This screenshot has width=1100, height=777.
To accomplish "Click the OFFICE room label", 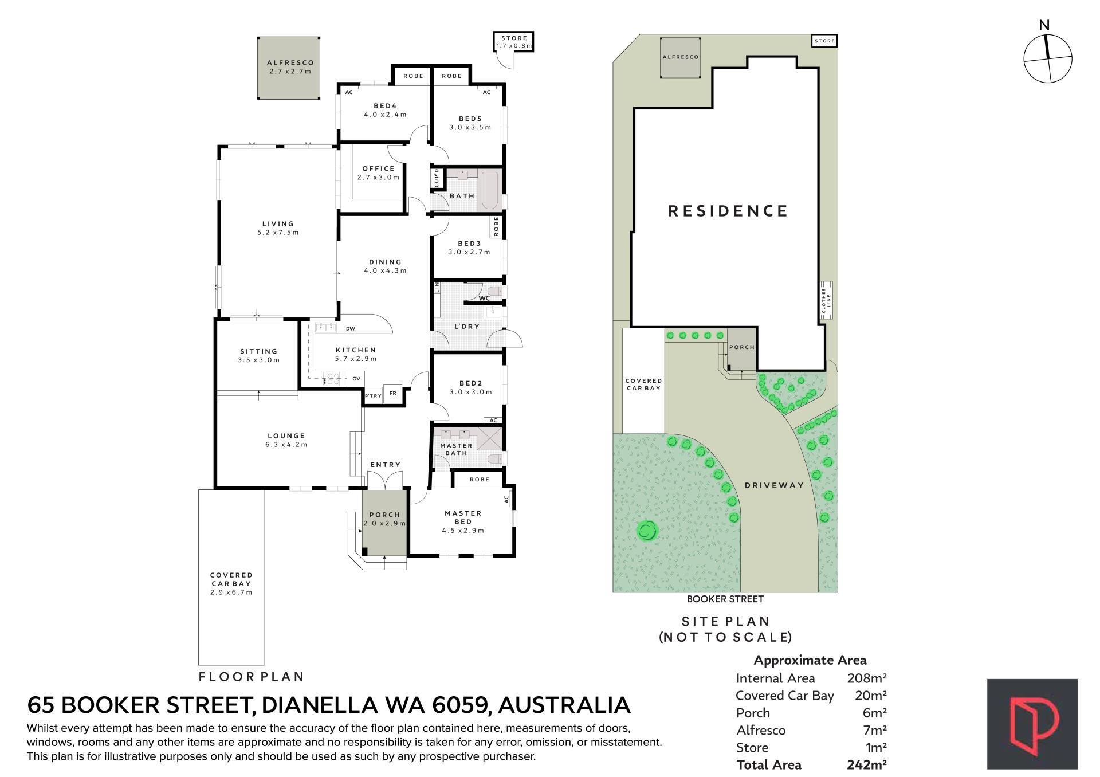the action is tap(379, 168).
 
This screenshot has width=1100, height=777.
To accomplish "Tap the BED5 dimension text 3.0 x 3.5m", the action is tap(470, 127).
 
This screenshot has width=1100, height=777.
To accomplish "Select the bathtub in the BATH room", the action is tap(492, 190).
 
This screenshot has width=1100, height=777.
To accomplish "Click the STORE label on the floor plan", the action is tap(514, 38).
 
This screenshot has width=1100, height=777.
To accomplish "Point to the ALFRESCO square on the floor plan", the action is tap(288, 68).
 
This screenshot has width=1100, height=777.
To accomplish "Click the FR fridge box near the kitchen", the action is tap(393, 394).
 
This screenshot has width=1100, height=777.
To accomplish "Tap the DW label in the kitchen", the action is tap(351, 329).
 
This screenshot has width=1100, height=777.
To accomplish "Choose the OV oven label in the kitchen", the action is tap(356, 379).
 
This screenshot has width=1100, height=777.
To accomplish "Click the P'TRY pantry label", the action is tap(373, 396).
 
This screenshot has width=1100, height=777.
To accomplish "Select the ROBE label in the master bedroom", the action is tap(480, 479).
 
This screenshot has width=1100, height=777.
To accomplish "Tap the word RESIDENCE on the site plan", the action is tap(728, 211).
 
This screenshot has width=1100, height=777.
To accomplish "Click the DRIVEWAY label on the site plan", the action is tap(774, 485).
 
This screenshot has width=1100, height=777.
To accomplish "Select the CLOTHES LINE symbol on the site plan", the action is tap(826, 300).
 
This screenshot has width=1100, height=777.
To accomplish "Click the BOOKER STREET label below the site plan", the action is tap(725, 599).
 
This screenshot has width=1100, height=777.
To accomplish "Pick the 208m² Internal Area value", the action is tap(867, 678).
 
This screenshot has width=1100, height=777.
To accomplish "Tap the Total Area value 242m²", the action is tap(867, 764).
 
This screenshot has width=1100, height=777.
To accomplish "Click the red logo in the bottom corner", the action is tap(1032, 724).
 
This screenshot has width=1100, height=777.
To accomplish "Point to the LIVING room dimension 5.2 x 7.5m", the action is tap(278, 233).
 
